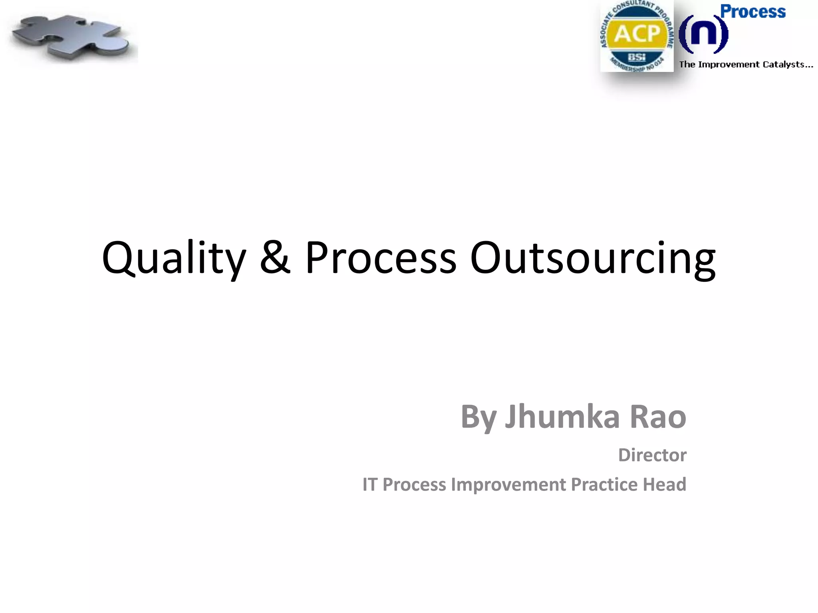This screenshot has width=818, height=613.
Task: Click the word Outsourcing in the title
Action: point(593,259)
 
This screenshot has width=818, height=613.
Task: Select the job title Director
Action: point(652,455)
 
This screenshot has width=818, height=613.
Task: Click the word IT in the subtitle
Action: point(369,484)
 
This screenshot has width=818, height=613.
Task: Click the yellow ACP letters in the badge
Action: point(637,34)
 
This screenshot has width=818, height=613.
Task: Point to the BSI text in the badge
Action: point(637,57)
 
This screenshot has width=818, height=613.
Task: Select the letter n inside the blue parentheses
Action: point(703,35)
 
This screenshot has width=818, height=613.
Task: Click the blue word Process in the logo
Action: point(752,12)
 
